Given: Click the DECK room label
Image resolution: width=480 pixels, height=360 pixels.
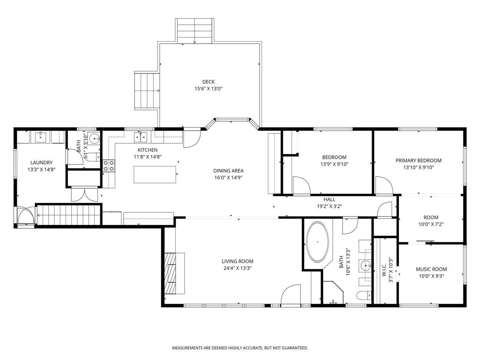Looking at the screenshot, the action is [208, 82].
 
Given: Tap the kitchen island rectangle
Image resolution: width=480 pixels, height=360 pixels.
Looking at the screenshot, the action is [155, 174].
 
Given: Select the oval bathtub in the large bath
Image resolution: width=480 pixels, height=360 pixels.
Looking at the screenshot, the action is [318, 242].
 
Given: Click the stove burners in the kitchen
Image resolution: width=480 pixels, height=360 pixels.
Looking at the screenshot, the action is [109, 165].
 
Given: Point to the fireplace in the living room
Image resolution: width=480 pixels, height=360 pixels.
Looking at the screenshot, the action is [174, 273].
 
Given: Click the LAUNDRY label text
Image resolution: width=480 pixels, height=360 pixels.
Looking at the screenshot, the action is [41, 163].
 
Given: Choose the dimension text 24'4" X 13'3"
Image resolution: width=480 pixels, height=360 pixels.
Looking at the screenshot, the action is [238, 269].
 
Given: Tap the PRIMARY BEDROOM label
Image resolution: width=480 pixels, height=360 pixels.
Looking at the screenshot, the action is [419, 160].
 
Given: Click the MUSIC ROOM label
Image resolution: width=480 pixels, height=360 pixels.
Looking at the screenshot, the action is [431, 269].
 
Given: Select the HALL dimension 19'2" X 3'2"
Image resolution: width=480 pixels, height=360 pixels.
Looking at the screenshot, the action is [329, 206].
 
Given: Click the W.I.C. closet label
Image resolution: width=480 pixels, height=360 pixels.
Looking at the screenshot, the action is [384, 269].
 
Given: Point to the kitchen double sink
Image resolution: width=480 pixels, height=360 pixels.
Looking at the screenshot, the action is [141, 137].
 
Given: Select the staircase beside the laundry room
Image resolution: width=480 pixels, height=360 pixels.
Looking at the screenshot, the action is [68, 215].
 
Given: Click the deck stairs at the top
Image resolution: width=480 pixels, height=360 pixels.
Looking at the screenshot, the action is [195, 30].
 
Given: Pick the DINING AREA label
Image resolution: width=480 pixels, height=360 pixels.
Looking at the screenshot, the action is [228, 171].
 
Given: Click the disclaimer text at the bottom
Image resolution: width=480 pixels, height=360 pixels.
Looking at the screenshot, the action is [240, 348].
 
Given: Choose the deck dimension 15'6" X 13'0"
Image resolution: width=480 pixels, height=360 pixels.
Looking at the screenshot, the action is [208, 89].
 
